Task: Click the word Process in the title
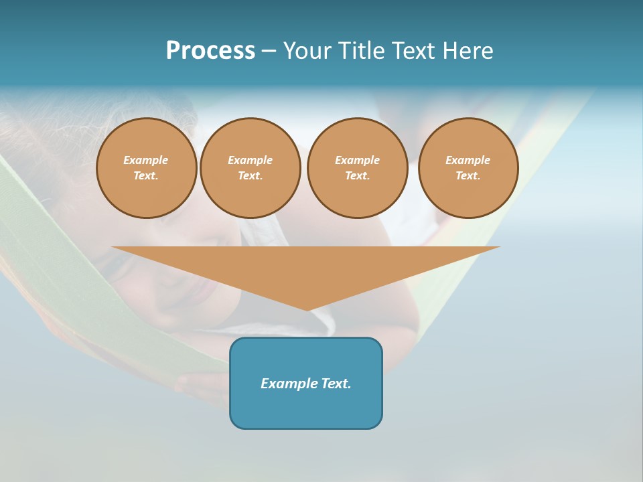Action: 210,51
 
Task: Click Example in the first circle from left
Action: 146,160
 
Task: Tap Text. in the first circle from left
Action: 146,175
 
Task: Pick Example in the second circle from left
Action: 250,160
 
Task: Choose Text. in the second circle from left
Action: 250,175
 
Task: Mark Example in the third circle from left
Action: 357,160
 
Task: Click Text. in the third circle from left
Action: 357,175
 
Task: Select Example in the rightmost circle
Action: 468,160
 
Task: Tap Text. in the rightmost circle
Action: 468,175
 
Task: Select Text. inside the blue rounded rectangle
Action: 337,384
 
